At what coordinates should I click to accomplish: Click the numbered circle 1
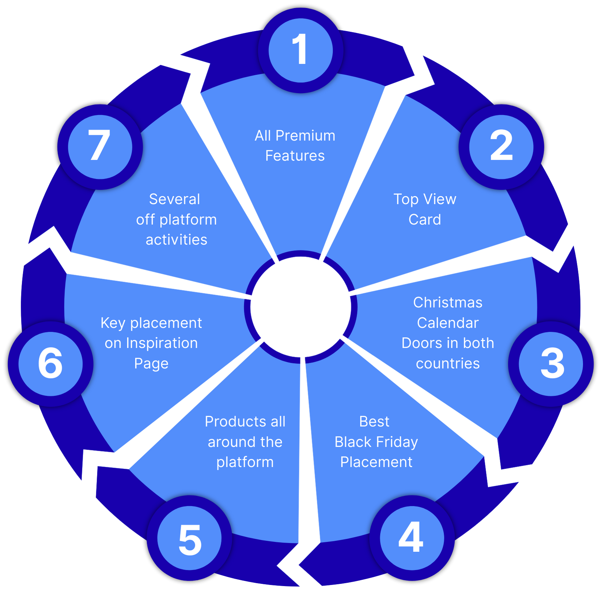click(x=300, y=50)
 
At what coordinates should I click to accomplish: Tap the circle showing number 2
click(x=501, y=147)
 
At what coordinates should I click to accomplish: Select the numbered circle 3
click(x=551, y=364)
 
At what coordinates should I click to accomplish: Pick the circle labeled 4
click(x=412, y=538)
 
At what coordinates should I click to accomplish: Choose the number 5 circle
click(x=189, y=538)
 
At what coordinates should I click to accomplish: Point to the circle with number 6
click(x=50, y=364)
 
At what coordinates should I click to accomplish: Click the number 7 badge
click(x=100, y=147)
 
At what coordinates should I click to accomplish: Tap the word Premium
click(x=305, y=136)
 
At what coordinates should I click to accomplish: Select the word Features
click(x=295, y=156)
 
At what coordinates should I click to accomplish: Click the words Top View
click(x=425, y=199)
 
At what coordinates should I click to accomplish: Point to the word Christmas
click(x=448, y=303)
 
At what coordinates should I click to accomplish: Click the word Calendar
click(x=448, y=323)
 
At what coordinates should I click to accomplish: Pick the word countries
click(x=448, y=364)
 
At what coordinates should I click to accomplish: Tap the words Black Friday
click(x=376, y=442)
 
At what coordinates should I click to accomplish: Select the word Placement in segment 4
click(x=376, y=462)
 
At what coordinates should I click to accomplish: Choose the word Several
click(x=175, y=199)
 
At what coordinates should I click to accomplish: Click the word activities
click(x=177, y=240)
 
